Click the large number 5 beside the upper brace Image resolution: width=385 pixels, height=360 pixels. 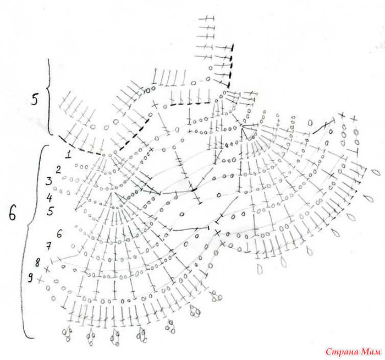point(34,100)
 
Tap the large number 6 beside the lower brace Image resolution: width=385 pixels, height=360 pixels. point(12,213)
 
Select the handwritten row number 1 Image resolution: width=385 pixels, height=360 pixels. point(68,155)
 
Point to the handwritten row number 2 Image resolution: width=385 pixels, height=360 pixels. point(58,170)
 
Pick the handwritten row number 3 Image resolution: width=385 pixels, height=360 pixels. point(49,181)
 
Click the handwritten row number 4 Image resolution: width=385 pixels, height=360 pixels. point(50,197)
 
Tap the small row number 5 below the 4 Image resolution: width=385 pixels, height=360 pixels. point(51,211)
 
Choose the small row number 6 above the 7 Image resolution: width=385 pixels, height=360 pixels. point(59,234)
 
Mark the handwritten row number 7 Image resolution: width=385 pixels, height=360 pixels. point(48,246)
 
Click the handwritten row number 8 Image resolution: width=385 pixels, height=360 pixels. point(37,263)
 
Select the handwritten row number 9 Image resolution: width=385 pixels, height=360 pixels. point(30,278)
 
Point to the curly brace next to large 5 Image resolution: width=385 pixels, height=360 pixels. point(48,97)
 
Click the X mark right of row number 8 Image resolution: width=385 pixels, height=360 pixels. point(47,270)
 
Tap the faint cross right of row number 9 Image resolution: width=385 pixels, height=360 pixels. point(40,280)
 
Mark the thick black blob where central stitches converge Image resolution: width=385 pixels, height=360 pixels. point(194,190)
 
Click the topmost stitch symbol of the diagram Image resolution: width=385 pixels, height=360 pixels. point(206,18)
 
